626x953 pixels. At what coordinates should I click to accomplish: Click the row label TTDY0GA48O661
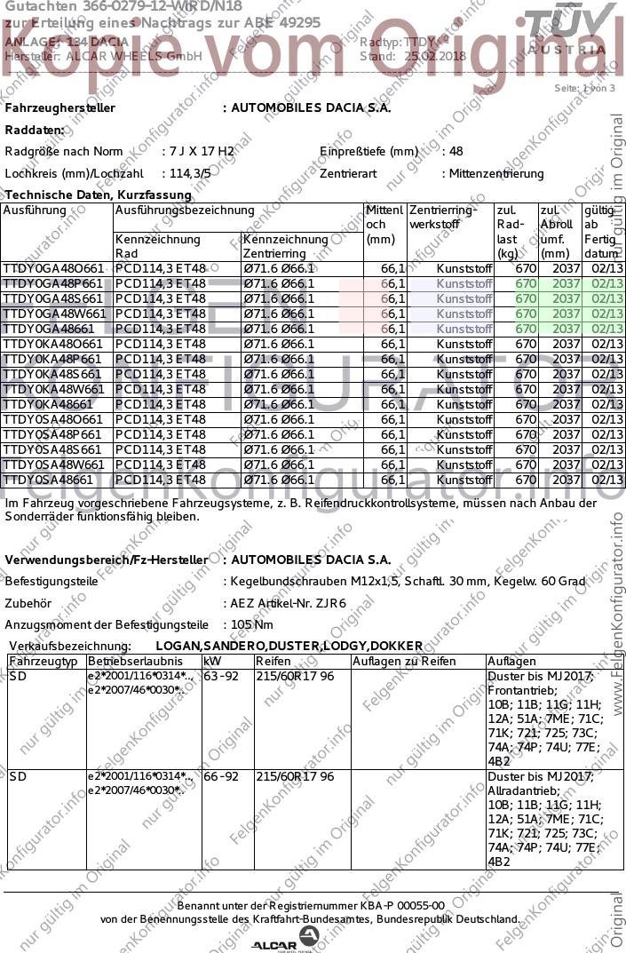[x=53, y=268]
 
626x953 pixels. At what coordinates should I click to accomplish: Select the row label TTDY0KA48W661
[x=53, y=389]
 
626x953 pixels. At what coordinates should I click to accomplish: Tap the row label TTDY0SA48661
[x=50, y=480]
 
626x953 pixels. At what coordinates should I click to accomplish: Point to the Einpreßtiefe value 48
[x=456, y=152]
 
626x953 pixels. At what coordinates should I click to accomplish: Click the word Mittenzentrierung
[x=496, y=174]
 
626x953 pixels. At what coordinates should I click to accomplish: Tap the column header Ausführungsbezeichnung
[x=185, y=211]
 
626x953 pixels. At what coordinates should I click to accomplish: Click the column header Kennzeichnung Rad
[x=158, y=246]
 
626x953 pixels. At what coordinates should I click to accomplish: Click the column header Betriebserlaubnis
[x=135, y=662]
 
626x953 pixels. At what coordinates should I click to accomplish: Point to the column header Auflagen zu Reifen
[x=404, y=662]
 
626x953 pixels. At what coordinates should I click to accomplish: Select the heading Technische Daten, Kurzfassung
[x=98, y=195]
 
